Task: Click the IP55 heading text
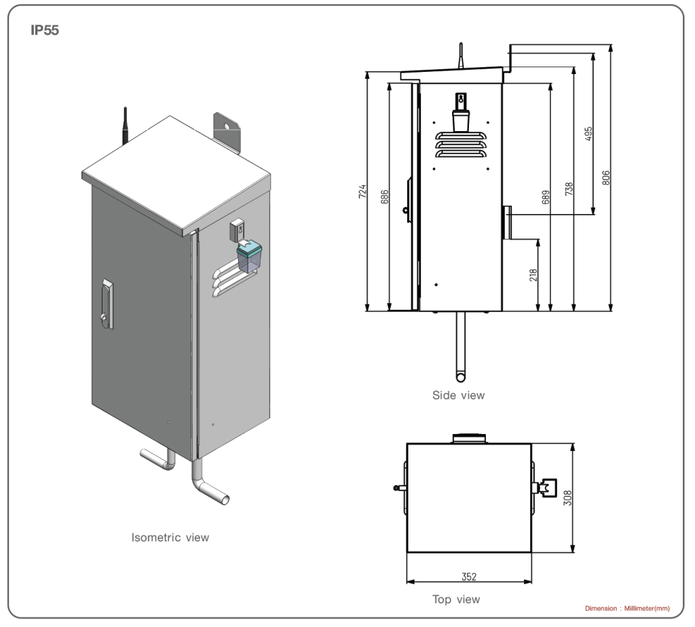click(45, 31)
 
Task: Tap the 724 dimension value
click(363, 192)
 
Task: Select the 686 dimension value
click(385, 197)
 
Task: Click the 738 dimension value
click(569, 188)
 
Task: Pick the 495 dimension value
click(588, 133)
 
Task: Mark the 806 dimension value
click(607, 177)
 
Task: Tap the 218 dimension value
click(533, 274)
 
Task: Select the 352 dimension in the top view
click(468, 577)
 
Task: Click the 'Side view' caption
click(459, 395)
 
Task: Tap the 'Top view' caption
click(456, 599)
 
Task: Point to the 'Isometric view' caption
click(170, 537)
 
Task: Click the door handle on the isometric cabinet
click(106, 299)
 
